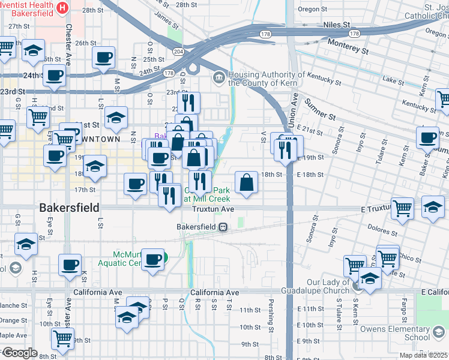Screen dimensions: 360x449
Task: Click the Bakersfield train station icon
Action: tap(223, 227)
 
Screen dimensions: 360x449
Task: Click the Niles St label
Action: tap(337, 25)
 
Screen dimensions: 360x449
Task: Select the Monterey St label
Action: tap(348, 47)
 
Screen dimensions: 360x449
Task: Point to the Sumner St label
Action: tap(322, 110)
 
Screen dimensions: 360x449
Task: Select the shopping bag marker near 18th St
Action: tap(247, 182)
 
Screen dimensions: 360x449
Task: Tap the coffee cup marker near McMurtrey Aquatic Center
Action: tap(154, 259)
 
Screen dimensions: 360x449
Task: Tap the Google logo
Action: tap(19, 353)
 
